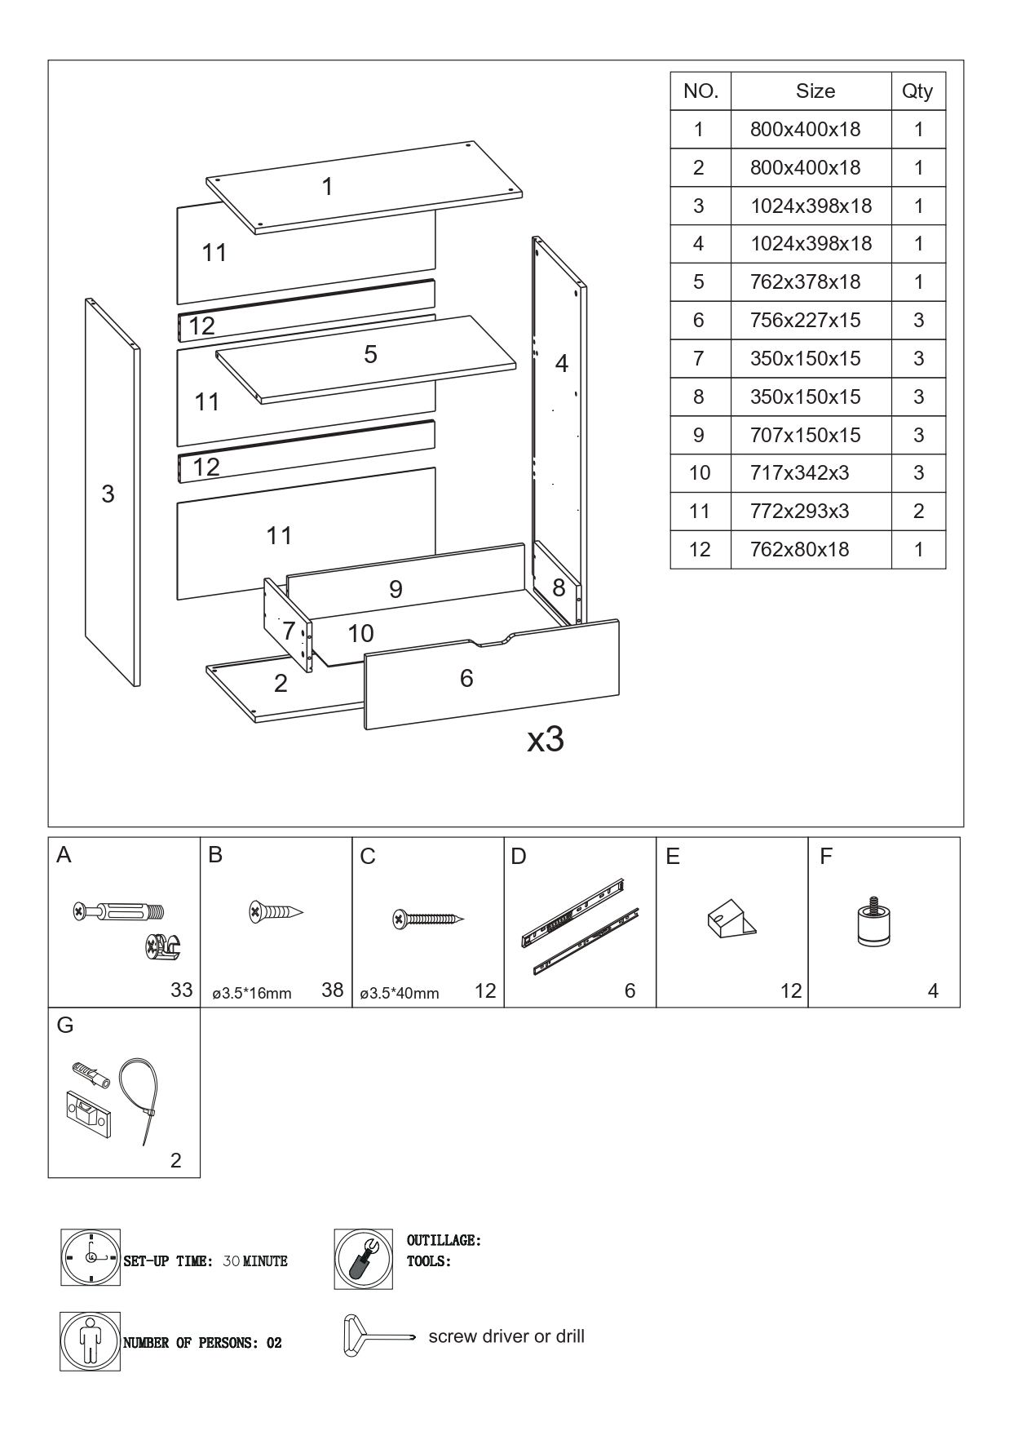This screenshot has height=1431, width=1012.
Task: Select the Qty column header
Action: [917, 91]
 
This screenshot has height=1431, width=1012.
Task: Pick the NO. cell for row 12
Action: [700, 550]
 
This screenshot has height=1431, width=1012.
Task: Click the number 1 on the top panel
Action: [327, 187]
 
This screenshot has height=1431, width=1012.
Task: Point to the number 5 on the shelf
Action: [371, 354]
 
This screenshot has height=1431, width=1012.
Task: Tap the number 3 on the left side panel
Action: [108, 494]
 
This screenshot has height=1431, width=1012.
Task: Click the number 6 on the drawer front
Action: [466, 678]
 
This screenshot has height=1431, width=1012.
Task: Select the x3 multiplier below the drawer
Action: [546, 739]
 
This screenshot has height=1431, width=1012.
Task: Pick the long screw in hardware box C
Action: [428, 919]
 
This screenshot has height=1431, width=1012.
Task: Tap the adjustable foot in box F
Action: [873, 922]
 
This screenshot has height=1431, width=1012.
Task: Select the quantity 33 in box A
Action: [181, 990]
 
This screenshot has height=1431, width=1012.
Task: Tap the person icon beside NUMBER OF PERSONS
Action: [91, 1341]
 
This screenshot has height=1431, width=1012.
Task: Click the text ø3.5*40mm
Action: [400, 993]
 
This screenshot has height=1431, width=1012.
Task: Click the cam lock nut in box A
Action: [162, 946]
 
